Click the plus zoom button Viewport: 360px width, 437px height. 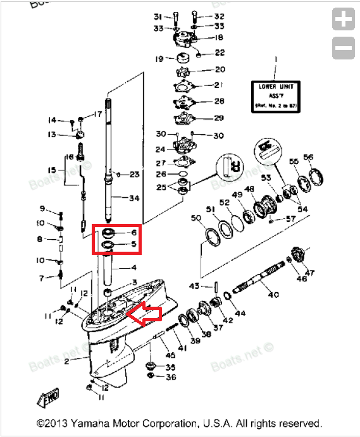coord(344,20)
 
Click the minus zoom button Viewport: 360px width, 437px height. coord(344,47)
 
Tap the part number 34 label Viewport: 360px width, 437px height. coord(133,199)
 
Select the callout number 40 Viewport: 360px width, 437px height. coord(273,295)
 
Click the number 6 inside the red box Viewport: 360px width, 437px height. coord(133,233)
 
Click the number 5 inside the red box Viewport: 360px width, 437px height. coord(133,244)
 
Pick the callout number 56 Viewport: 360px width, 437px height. coord(308,157)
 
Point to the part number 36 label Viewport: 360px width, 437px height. coord(171,378)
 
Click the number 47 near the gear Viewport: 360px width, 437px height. coord(309,273)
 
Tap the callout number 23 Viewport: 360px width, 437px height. coord(133,175)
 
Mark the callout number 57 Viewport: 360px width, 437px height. coord(290,218)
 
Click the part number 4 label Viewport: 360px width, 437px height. coord(133,268)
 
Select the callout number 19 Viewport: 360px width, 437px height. coord(159,59)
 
